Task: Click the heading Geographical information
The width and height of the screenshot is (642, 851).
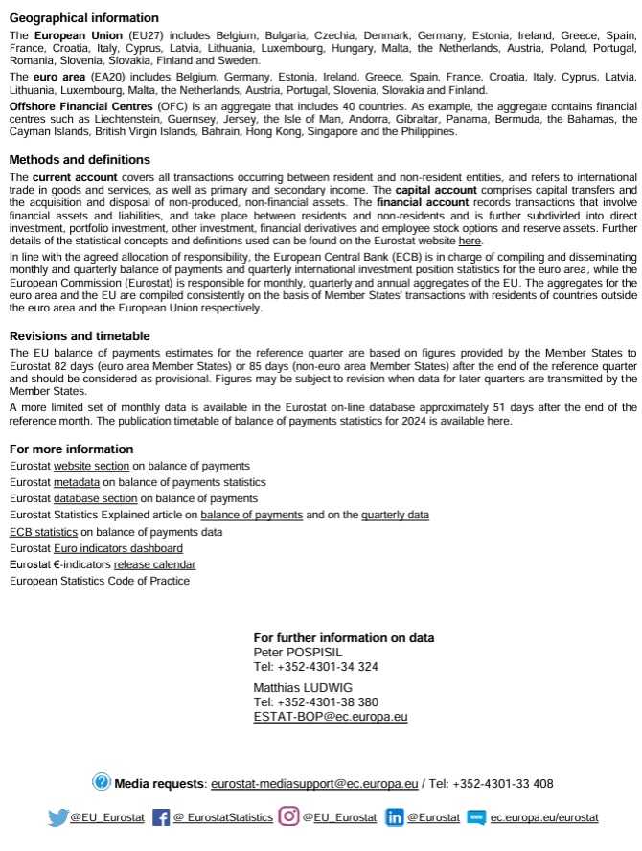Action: click(84, 18)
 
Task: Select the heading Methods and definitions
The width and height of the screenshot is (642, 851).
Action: click(80, 160)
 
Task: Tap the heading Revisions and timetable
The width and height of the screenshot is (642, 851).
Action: click(80, 336)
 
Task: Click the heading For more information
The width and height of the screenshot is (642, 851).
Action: click(71, 449)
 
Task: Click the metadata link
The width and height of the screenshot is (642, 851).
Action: click(77, 482)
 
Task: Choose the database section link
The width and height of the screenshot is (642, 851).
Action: click(96, 498)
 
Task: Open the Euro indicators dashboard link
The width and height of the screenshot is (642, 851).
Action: click(118, 548)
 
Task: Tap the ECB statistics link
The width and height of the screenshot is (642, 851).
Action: click(43, 532)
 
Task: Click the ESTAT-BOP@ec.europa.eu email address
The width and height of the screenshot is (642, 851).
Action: click(331, 716)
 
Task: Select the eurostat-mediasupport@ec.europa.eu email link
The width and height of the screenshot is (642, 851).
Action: click(314, 784)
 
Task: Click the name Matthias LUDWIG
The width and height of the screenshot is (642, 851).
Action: click(303, 687)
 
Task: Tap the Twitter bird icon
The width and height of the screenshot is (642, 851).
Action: click(57, 817)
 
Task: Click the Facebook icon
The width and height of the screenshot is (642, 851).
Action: click(161, 817)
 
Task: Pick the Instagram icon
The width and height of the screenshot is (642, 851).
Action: click(288, 816)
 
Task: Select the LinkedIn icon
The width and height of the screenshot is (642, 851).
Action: click(394, 817)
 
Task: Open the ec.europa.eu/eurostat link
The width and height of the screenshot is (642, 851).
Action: click(544, 817)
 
